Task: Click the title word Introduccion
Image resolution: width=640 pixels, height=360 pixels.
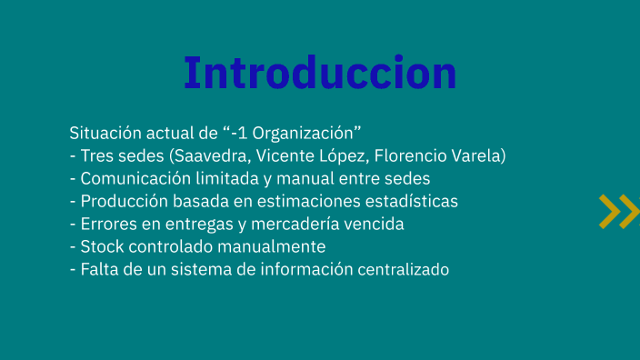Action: pos(320,73)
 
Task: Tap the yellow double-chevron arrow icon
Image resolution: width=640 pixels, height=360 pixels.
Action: pos(618,211)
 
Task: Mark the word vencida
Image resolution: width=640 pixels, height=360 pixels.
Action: pos(372,224)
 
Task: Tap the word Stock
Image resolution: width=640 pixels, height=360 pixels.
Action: pos(101,246)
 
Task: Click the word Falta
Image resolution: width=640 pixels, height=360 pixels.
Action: pos(98,269)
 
